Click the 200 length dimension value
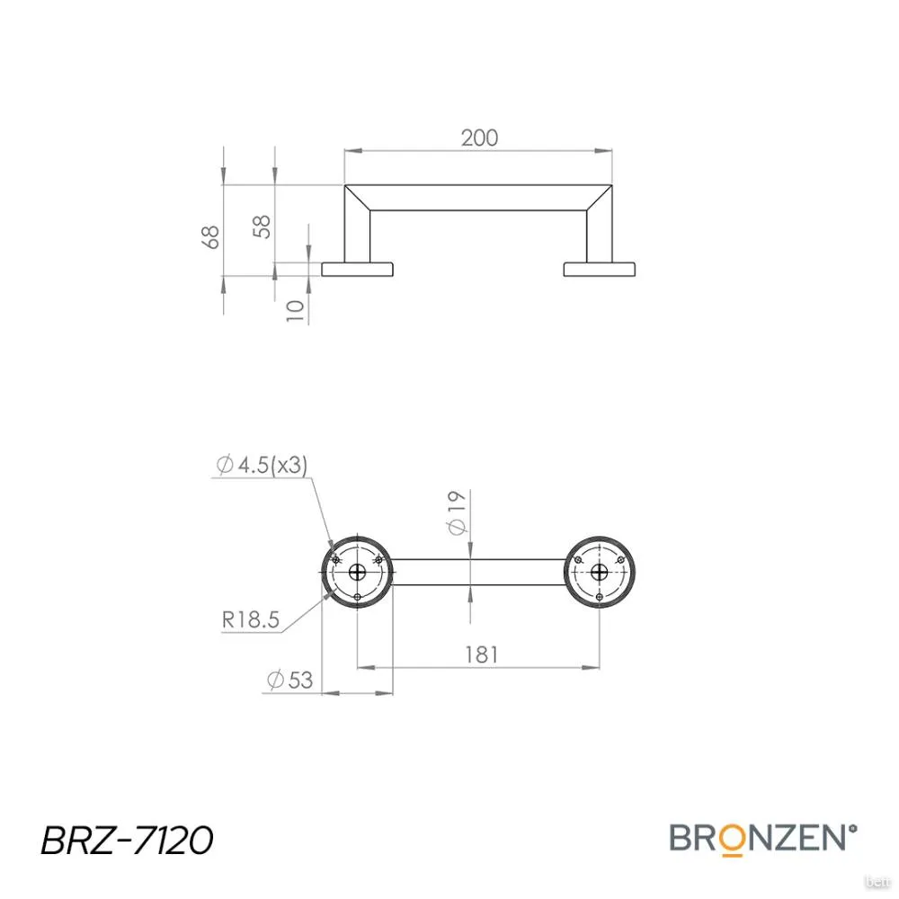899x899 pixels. pos(479,138)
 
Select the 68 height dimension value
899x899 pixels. pos(211,236)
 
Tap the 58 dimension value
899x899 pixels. pos(262,227)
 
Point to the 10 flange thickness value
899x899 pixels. pos(295,310)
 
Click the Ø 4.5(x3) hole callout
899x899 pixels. pos(262,465)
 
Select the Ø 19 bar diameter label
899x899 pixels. pos(458,512)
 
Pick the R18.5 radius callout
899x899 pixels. pos(251,619)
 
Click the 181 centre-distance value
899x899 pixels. pos(482,654)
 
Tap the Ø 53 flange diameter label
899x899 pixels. pos(290,680)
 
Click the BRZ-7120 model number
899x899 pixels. pos(127,841)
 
